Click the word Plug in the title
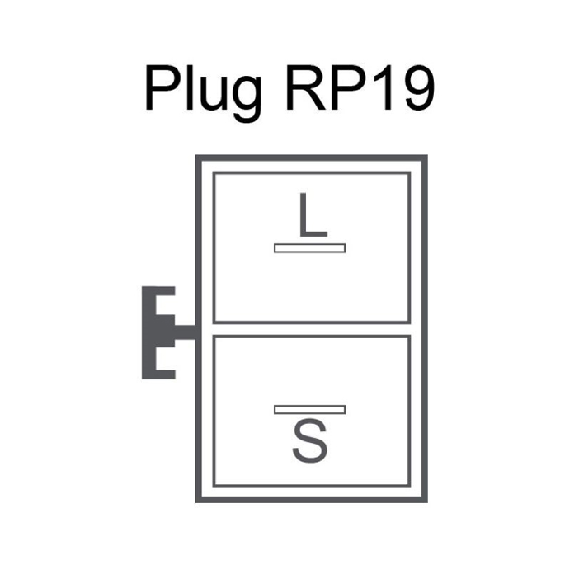point(204,93)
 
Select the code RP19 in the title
point(360,88)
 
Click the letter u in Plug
point(214,94)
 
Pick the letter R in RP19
point(306,88)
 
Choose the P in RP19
point(349,88)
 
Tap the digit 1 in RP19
point(385,88)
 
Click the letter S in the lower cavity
point(310,440)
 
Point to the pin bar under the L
point(310,248)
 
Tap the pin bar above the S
point(310,410)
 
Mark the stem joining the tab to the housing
point(185,332)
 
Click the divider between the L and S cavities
point(311,329)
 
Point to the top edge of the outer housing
point(311,158)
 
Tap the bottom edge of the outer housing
point(311,500)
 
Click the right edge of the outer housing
point(425,328)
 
